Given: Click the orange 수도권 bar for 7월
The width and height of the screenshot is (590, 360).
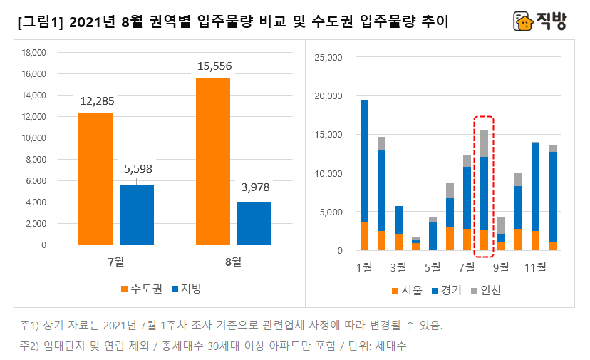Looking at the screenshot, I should (95, 179).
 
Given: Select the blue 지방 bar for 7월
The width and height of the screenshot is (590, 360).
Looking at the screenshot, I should (137, 215).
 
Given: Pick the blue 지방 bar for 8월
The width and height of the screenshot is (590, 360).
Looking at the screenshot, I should (254, 223).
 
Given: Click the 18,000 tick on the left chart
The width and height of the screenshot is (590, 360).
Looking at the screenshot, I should (33, 53).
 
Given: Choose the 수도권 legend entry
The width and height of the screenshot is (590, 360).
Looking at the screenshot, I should (142, 289).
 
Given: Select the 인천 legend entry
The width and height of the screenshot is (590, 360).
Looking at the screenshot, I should (485, 290).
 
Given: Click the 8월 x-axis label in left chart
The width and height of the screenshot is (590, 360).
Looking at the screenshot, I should (233, 262).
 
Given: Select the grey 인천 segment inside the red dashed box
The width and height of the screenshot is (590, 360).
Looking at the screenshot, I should (484, 143).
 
